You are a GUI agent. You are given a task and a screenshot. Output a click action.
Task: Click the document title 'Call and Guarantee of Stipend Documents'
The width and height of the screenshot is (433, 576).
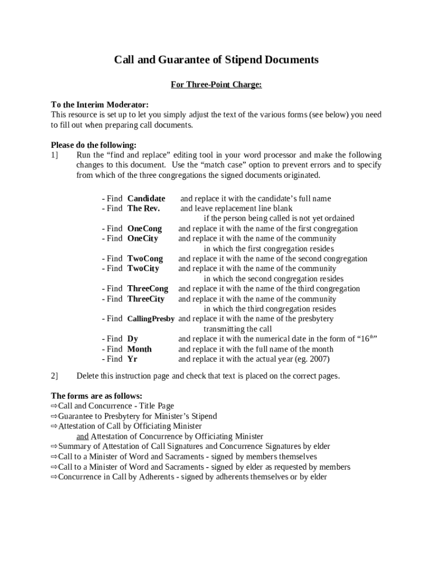[x=216, y=60]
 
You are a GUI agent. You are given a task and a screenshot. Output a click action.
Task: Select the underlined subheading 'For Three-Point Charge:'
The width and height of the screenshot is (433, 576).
[x=216, y=84]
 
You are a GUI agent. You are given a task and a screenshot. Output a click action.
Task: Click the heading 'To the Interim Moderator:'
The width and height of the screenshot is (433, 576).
[x=100, y=105]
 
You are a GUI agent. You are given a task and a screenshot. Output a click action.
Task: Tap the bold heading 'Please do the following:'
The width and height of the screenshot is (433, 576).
[x=93, y=145]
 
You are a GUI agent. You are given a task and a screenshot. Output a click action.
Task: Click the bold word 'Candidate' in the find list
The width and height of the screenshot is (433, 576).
[x=146, y=199]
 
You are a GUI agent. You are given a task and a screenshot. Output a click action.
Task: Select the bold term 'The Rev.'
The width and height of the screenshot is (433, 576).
[x=143, y=209]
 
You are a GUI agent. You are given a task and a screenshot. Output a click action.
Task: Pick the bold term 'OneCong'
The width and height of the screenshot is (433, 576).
[x=145, y=229]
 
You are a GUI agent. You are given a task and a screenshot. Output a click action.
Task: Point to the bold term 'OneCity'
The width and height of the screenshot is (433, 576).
[x=143, y=238]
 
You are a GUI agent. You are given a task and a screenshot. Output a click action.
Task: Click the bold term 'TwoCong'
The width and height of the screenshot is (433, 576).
[x=145, y=259]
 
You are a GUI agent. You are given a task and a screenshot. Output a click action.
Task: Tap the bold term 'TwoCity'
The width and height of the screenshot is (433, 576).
[x=143, y=269]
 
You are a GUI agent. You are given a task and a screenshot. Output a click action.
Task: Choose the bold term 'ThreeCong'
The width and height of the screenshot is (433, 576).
[x=148, y=289]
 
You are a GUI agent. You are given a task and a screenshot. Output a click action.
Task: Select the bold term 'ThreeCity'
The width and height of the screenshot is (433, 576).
[x=146, y=299]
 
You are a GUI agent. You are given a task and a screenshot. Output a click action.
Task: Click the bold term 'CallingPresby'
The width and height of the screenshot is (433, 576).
[x=151, y=319]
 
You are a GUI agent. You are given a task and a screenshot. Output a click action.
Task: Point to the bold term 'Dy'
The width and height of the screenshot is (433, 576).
[x=133, y=339]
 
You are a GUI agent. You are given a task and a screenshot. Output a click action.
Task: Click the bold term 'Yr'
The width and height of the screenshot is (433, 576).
[x=132, y=359]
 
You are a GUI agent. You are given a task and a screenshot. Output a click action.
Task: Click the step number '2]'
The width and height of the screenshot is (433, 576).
[x=55, y=376]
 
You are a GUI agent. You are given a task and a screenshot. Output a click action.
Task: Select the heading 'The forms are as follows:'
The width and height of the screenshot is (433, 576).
[x=96, y=396]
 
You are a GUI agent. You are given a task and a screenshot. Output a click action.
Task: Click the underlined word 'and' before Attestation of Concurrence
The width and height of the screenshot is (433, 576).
[x=83, y=436]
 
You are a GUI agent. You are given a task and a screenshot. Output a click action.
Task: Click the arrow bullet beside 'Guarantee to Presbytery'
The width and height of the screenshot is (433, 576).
[x=54, y=416]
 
